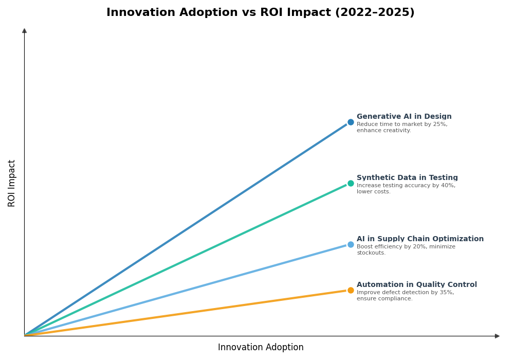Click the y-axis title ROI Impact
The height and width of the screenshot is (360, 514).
pos(12,183)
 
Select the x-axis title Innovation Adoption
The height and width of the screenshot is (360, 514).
pos(261,348)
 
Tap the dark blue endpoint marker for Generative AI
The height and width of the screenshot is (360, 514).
pos(351,122)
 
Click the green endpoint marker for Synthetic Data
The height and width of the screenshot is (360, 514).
pos(351,183)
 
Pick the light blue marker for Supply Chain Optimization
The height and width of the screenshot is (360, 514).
pos(351,244)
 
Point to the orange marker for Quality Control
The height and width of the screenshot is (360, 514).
pos(351,290)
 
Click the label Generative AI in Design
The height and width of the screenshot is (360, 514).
pos(404,117)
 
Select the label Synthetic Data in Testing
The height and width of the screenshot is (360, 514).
pos(407,178)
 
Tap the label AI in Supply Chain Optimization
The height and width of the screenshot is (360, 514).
pos(420,239)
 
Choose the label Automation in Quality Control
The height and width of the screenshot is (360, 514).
pos(417,285)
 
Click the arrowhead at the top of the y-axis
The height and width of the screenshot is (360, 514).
pos(24,31)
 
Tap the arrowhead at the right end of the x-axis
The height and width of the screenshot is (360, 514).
pos(497,336)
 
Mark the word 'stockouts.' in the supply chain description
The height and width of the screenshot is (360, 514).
pos(371,253)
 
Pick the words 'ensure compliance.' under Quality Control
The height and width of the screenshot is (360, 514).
pos(384,299)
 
